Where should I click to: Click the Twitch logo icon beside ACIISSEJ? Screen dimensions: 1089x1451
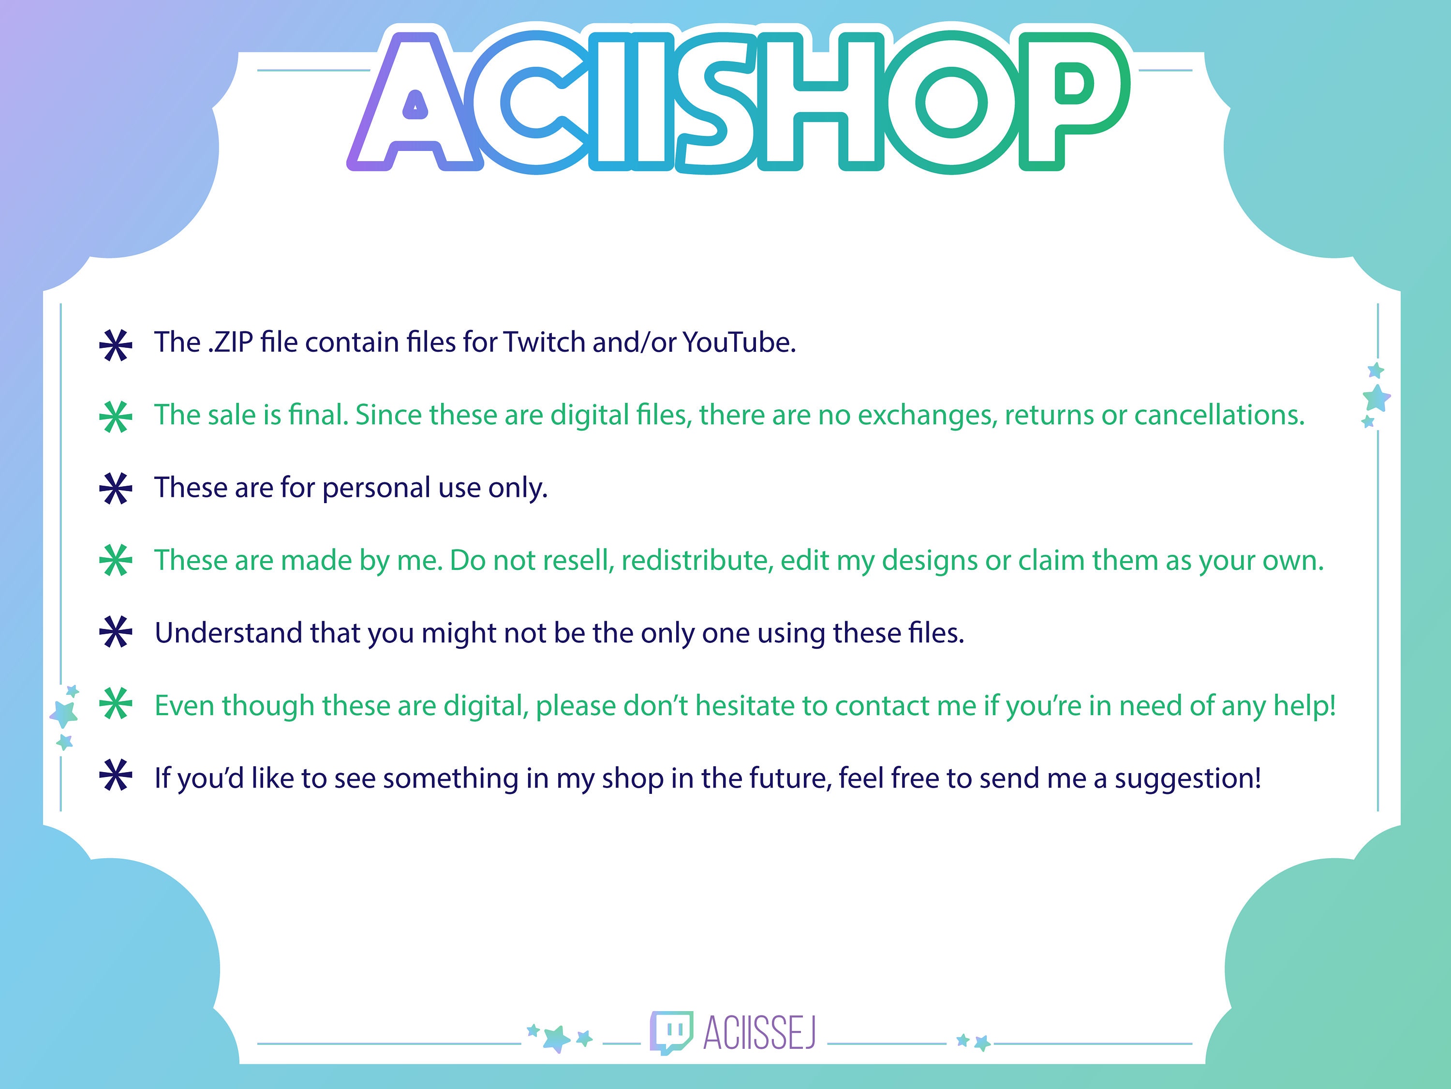(x=670, y=1032)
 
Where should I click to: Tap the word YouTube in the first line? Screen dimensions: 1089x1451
(x=739, y=343)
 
